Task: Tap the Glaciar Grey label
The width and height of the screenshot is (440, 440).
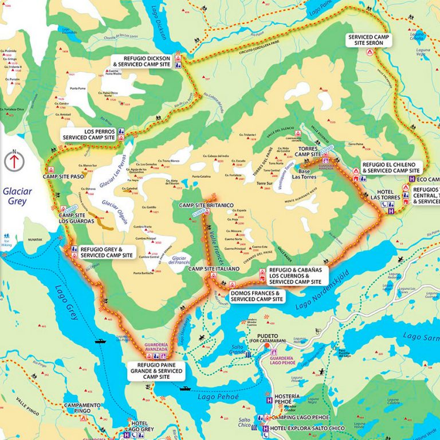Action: (x=14, y=197)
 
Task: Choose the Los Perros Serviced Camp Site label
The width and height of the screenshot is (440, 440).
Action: (x=89, y=134)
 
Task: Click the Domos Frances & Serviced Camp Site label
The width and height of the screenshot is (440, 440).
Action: (x=256, y=296)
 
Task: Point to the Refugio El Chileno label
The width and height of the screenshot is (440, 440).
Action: (x=392, y=167)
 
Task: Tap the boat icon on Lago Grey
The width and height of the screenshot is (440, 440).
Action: (x=100, y=341)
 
